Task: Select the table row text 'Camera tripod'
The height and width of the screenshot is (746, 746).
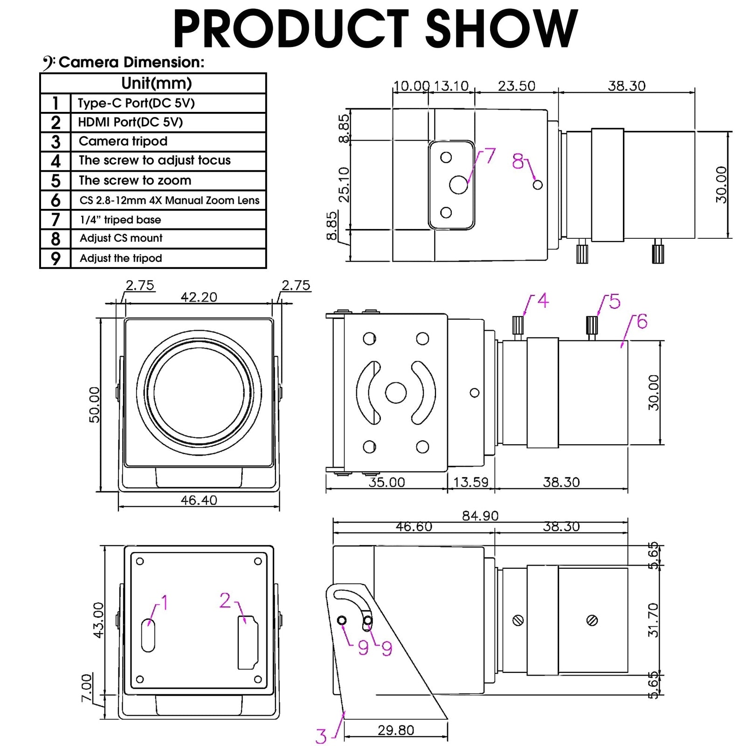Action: point(123,141)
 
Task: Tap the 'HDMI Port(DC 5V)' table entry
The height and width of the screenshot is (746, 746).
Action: point(130,122)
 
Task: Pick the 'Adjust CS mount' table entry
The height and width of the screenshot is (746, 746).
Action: point(121,238)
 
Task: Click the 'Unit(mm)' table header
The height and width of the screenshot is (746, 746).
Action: point(156,83)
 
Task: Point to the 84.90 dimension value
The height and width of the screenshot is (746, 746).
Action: point(480,516)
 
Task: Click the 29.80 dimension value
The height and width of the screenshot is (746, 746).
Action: point(395,730)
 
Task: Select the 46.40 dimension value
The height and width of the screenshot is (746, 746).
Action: point(199,500)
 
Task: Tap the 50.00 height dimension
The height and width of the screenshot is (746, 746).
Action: point(95,405)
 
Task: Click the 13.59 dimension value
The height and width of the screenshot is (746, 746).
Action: point(470,482)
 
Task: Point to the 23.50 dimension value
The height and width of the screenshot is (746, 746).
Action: point(516,86)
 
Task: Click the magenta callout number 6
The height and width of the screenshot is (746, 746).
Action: point(642,322)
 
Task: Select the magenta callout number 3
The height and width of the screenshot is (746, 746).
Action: point(321,736)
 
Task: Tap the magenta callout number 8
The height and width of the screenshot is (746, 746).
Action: point(518,161)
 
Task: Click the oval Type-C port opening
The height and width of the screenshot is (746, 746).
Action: point(148,635)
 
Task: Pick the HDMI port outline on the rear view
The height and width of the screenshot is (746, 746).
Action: point(248,642)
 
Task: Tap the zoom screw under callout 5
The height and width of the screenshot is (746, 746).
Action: point(592,324)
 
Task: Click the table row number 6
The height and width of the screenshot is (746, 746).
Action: point(55,200)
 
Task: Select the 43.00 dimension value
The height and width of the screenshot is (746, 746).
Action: point(98,620)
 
